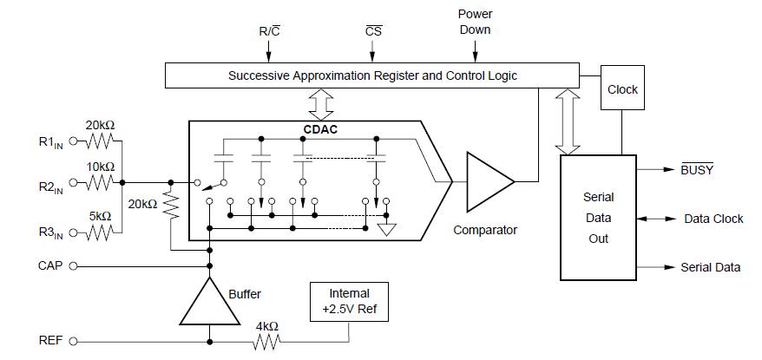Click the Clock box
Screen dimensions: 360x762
pos(622,88)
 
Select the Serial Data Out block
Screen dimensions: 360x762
pos(598,218)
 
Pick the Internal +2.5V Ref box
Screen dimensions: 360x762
pos(348,300)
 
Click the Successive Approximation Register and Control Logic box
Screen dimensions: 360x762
pos(372,75)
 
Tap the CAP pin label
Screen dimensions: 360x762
pos(51,265)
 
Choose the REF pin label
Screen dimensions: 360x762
pos(51,341)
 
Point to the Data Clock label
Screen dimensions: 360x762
pos(713,219)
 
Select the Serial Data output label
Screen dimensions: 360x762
pos(710,267)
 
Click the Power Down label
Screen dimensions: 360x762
pos(475,23)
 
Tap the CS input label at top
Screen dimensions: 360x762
pos(374,31)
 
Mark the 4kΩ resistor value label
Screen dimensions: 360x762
pos(266,326)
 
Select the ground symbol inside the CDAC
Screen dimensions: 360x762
pos(387,229)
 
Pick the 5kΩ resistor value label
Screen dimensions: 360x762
pos(101,216)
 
